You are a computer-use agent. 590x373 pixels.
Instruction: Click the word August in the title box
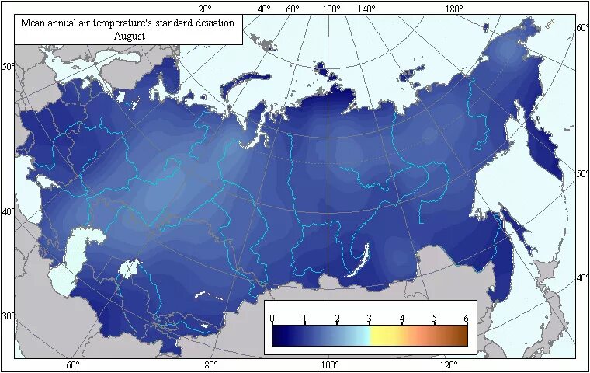tap(129, 35)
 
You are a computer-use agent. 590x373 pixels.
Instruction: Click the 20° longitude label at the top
tap(205, 9)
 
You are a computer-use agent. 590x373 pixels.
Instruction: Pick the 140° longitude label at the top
tap(366, 9)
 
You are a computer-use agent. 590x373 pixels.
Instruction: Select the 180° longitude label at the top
tap(455, 9)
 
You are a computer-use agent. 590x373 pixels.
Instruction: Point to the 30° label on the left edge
tap(8, 316)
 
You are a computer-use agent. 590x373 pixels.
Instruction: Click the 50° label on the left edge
tap(8, 67)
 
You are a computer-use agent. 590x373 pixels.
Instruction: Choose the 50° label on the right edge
tap(582, 174)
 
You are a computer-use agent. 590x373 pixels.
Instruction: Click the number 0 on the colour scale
tap(272, 319)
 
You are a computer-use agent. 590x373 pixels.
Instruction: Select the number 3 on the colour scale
tap(370, 319)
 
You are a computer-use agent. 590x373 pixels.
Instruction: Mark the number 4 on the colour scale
tap(402, 319)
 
